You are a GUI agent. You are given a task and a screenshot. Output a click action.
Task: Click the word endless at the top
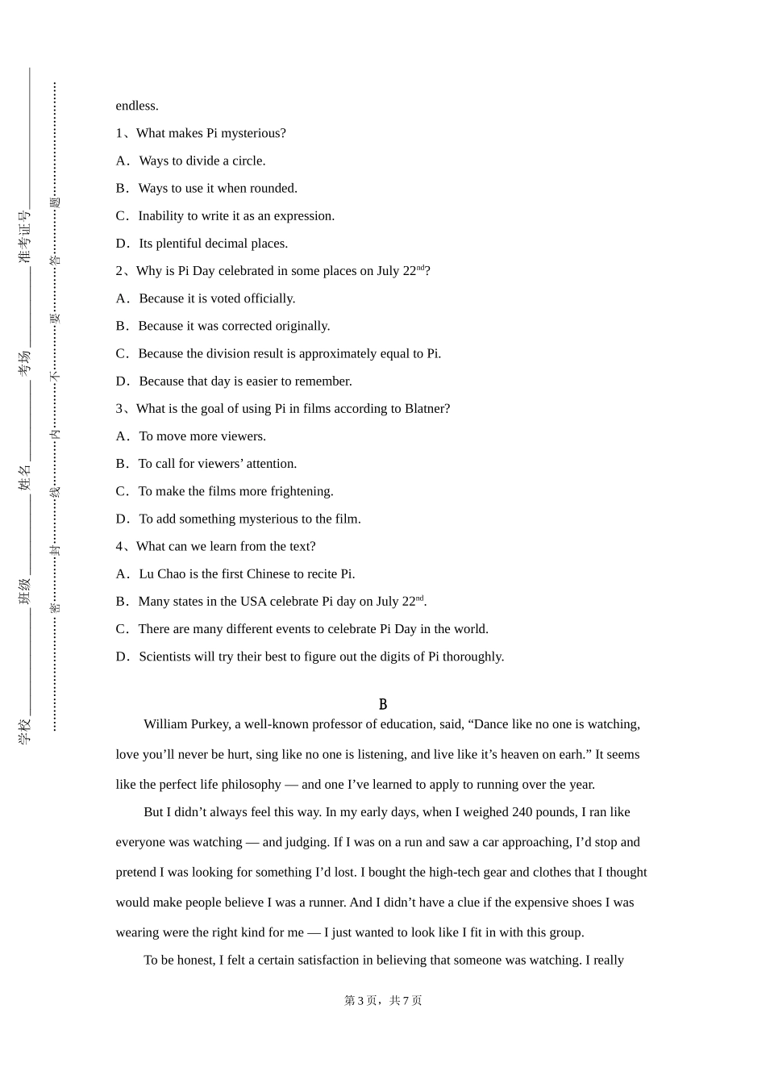pyautogui.click(x=136, y=106)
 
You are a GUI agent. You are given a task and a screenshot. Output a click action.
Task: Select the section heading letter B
pyautogui.click(x=383, y=705)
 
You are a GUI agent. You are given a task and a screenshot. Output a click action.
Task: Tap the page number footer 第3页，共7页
pyautogui.click(x=383, y=1000)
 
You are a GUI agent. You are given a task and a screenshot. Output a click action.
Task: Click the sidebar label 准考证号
pyautogui.click(x=25, y=237)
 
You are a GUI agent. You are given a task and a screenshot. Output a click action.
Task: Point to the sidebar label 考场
pyautogui.click(x=25, y=363)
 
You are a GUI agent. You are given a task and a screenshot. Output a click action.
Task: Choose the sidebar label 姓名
pyautogui.click(x=25, y=477)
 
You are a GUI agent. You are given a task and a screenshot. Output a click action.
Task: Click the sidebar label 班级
pyautogui.click(x=25, y=591)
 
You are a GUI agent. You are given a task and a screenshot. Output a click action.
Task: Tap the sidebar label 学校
pyautogui.click(x=25, y=731)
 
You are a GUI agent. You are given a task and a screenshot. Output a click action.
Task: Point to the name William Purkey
pyautogui.click(x=186, y=724)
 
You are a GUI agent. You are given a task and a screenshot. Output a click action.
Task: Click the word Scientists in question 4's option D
pyautogui.click(x=166, y=657)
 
